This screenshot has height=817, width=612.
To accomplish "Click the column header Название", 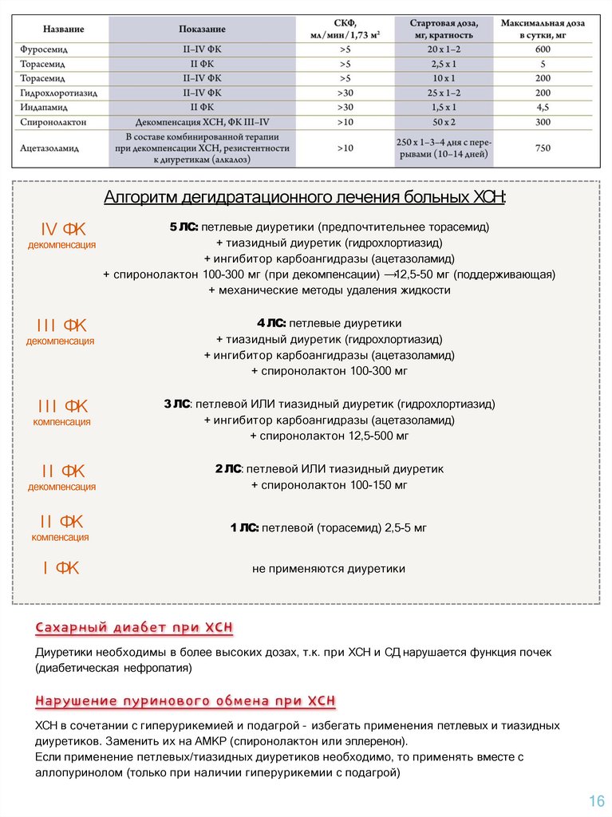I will (64, 29).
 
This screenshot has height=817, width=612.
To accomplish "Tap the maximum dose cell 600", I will (543, 49).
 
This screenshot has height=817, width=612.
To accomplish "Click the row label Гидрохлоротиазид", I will (59, 93).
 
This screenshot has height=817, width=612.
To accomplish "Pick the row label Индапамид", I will (45, 108).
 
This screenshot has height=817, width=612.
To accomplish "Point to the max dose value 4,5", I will (543, 108).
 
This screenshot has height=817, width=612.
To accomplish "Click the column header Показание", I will (202, 29).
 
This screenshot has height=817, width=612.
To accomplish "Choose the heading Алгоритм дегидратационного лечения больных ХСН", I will (306, 198).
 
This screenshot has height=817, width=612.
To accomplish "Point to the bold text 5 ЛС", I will (184, 227).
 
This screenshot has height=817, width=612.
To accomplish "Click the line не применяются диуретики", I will (329, 569).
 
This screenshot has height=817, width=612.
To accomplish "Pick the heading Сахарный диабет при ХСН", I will (134, 628).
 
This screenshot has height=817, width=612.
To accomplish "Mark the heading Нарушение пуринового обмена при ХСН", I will (185, 701).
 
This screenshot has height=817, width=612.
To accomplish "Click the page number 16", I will (596, 801).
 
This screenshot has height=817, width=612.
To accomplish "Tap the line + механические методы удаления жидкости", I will (329, 290).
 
